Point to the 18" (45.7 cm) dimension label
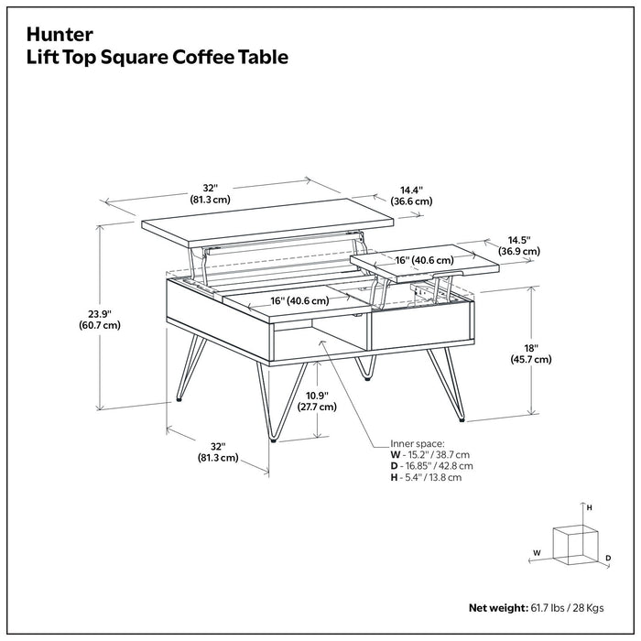coord(530,353)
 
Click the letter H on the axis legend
coord(590,506)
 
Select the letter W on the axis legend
coord(538,552)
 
